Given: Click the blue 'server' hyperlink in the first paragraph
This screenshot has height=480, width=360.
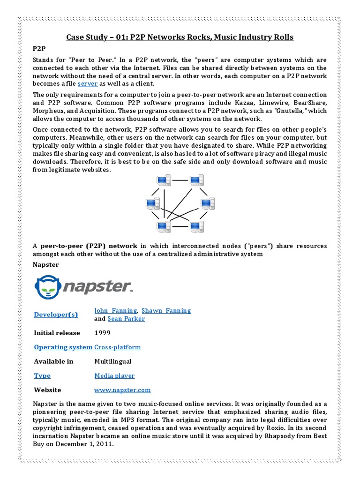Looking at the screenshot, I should tap(87, 83).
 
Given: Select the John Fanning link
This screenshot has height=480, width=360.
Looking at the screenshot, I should tap(115, 311).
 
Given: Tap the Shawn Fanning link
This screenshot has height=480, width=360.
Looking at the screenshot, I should tap(166, 311).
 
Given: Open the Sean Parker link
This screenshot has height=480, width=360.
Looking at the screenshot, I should tap(126, 319).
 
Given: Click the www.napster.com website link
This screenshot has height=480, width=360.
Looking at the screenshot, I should tap(122, 390).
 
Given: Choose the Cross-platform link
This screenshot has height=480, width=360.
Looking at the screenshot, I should tap(117, 347).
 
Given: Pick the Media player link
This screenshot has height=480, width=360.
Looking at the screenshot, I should tap(114, 376).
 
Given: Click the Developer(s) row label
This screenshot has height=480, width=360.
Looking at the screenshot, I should tap(56, 315).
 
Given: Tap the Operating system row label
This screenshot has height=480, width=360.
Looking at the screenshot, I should tap(63, 347).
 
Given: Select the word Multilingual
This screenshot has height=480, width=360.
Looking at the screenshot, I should tap(112, 361).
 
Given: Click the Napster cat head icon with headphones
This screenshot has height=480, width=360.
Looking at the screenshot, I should tap(47, 286).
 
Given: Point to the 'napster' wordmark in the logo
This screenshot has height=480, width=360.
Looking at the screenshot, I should tap(97, 287).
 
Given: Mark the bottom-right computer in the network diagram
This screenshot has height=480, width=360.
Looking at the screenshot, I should tap(196, 226).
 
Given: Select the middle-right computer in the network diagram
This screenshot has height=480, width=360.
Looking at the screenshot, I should tap(207, 204).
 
